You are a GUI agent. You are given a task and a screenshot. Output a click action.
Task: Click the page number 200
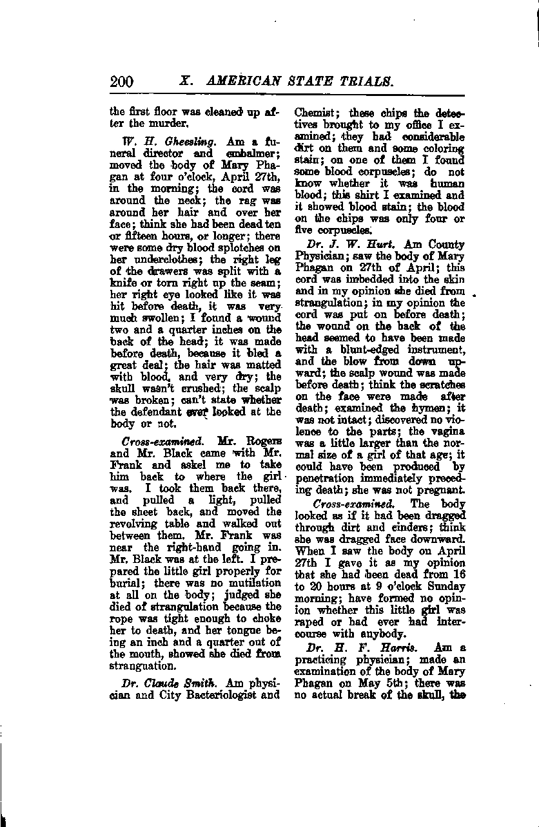point(122,81)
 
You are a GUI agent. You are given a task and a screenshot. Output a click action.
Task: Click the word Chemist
point(313,111)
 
